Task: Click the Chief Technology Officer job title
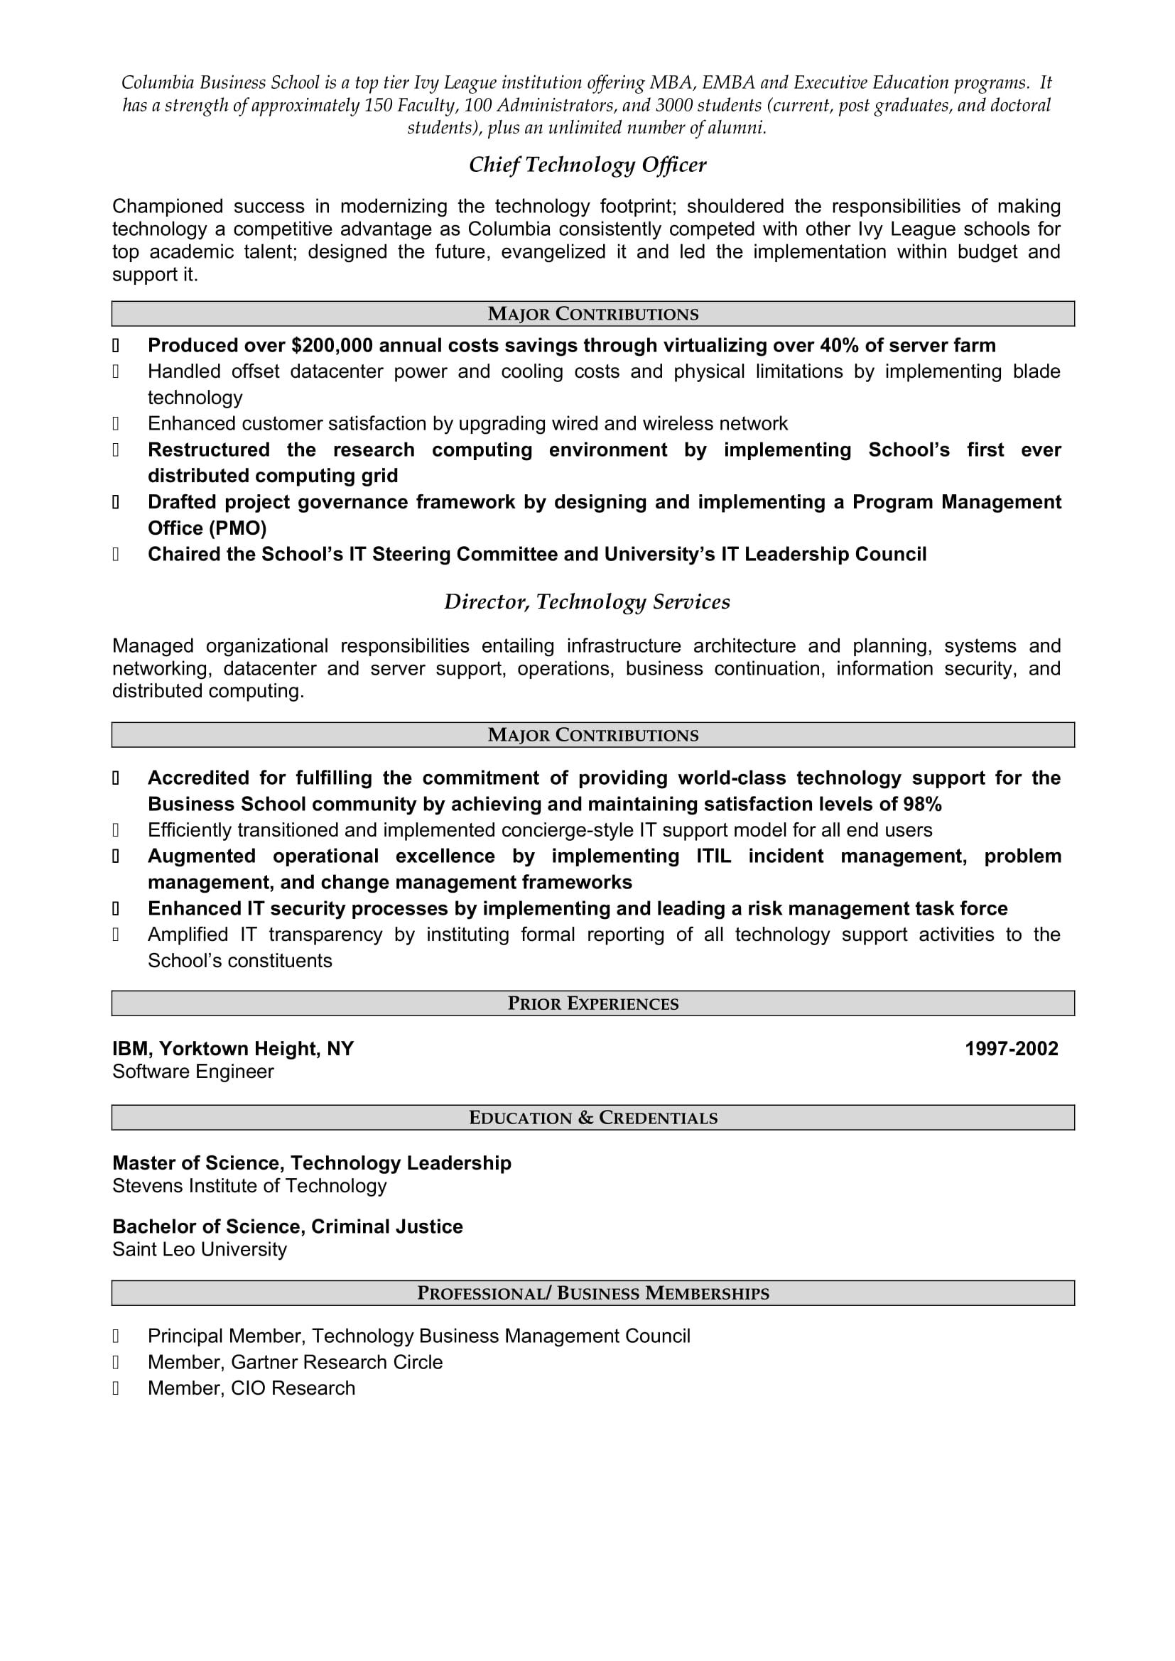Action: (x=587, y=165)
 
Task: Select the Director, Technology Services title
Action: (x=587, y=602)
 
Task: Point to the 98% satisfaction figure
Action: (x=922, y=805)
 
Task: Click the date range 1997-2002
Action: (x=1011, y=1049)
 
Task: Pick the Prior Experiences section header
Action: (x=592, y=1003)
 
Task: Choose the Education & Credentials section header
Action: (x=592, y=1118)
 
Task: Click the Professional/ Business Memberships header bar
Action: (x=592, y=1293)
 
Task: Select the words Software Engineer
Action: (x=193, y=1072)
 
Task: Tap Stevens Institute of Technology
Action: (x=249, y=1187)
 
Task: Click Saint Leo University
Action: (x=199, y=1250)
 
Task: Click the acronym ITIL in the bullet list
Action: (x=713, y=856)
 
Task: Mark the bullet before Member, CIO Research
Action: (x=116, y=1389)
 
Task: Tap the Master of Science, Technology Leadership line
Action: (x=311, y=1163)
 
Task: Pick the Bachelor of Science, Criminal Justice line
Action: (x=287, y=1227)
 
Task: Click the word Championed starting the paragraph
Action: (x=167, y=207)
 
